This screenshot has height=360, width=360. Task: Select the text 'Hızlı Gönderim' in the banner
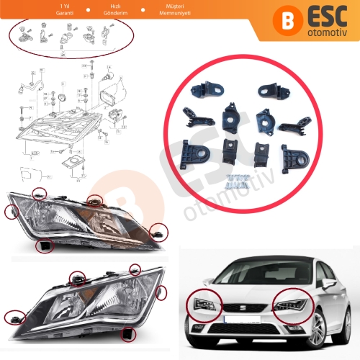tap(114, 11)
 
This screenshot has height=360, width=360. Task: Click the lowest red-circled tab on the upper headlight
tap(45, 247)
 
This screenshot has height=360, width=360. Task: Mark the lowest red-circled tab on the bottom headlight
tap(129, 333)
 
